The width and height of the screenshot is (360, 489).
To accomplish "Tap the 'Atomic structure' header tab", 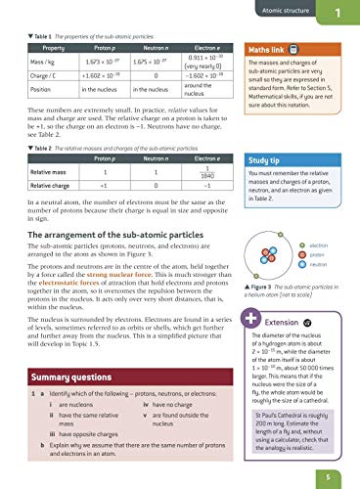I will pos(288,12).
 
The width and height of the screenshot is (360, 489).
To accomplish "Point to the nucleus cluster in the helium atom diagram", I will pos(274,237).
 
